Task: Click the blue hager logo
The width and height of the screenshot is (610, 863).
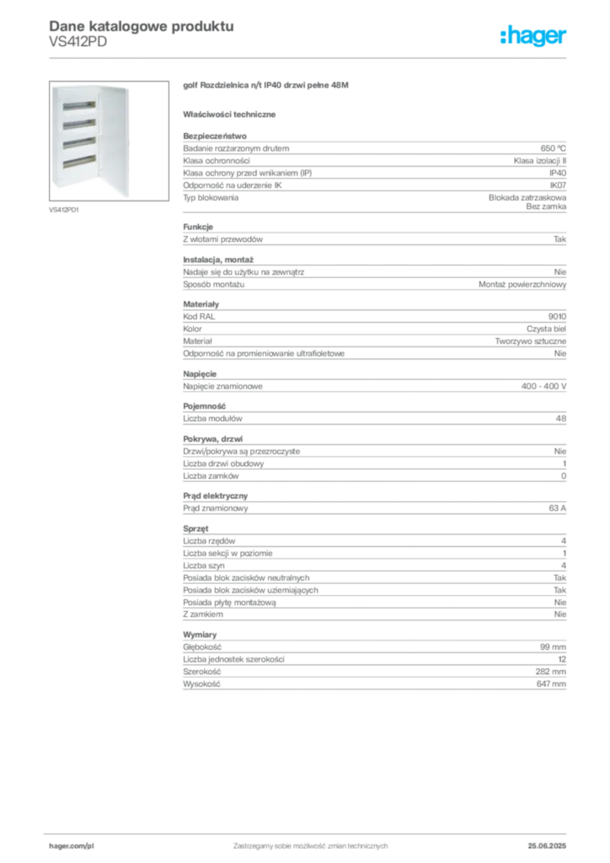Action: (535, 36)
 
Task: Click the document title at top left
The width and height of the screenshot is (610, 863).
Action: (140, 26)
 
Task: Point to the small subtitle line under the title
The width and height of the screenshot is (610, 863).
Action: (78, 48)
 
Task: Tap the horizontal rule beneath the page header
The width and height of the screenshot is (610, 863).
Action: (337, 56)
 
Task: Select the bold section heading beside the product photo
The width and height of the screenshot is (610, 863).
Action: (265, 86)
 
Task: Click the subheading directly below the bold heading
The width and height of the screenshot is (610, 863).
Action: (233, 113)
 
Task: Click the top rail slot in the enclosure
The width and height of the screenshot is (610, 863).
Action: (75, 109)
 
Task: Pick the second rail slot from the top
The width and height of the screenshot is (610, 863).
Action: (75, 125)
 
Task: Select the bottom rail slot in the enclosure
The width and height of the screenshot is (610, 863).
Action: (75, 159)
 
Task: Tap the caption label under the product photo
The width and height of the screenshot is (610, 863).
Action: (64, 211)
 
